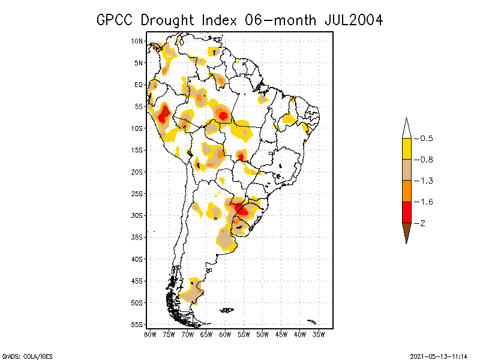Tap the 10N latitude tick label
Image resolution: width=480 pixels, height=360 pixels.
[137, 41]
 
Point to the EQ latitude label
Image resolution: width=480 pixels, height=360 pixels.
[138, 85]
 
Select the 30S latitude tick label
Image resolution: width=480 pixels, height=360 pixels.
[137, 215]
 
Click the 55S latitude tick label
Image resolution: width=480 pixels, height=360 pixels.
[137, 325]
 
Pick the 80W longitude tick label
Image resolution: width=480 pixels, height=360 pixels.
[150, 334]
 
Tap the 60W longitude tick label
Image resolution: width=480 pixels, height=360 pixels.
[225, 334]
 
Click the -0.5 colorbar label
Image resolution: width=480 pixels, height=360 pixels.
[426, 139]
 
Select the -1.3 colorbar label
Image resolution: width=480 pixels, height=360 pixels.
[426, 181]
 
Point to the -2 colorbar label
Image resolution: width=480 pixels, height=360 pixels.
[423, 223]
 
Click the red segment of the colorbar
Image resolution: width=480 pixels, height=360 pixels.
[406, 212]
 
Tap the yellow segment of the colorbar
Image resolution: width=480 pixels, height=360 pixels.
[406, 149]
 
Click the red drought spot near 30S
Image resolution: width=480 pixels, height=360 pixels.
[241, 209]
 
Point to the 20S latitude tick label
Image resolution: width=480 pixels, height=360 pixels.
[137, 172]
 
